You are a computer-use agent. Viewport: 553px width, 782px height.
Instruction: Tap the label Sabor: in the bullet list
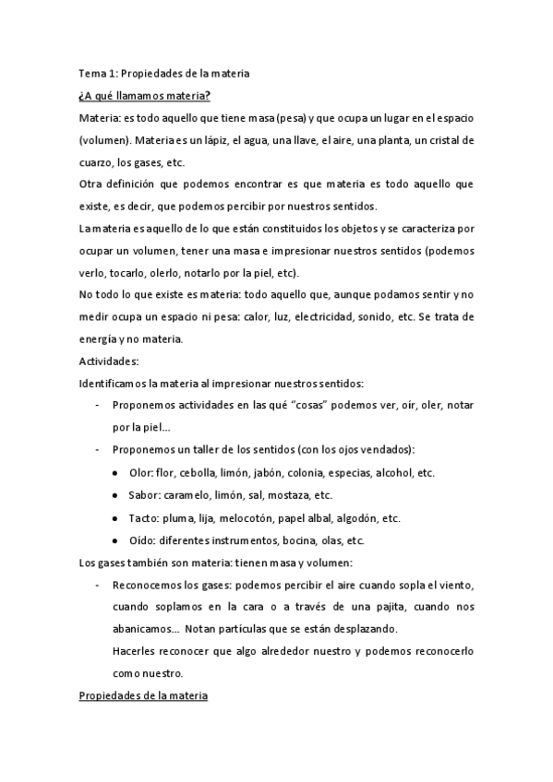tap(144, 494)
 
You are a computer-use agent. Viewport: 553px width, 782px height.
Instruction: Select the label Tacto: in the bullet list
tap(144, 517)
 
